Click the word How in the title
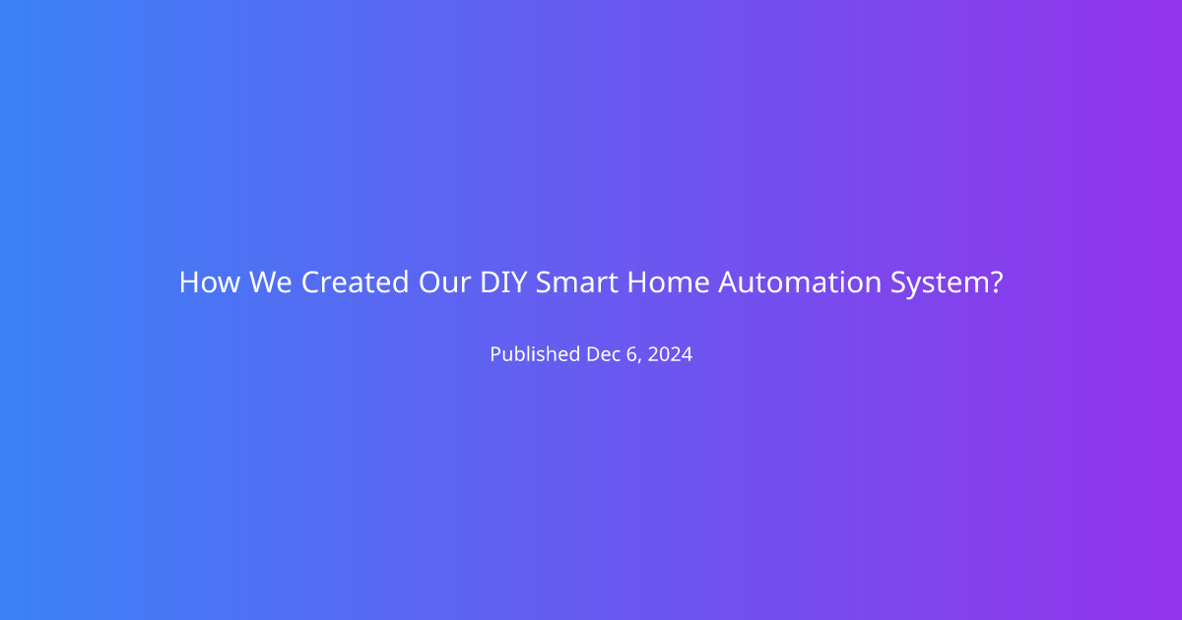[210, 282]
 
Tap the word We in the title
[270, 282]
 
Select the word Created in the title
[356, 282]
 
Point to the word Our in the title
[444, 282]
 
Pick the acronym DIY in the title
[503, 282]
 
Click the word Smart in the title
[577, 282]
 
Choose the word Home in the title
[668, 282]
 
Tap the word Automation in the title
[800, 282]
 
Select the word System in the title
[941, 283]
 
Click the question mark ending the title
[996, 282]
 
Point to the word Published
[535, 353]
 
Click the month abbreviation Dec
[604, 353]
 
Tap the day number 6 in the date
[631, 353]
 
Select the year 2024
[670, 353]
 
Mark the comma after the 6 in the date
[639, 360]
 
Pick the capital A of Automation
[730, 282]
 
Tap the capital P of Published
[496, 353]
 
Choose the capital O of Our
[430, 282]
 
